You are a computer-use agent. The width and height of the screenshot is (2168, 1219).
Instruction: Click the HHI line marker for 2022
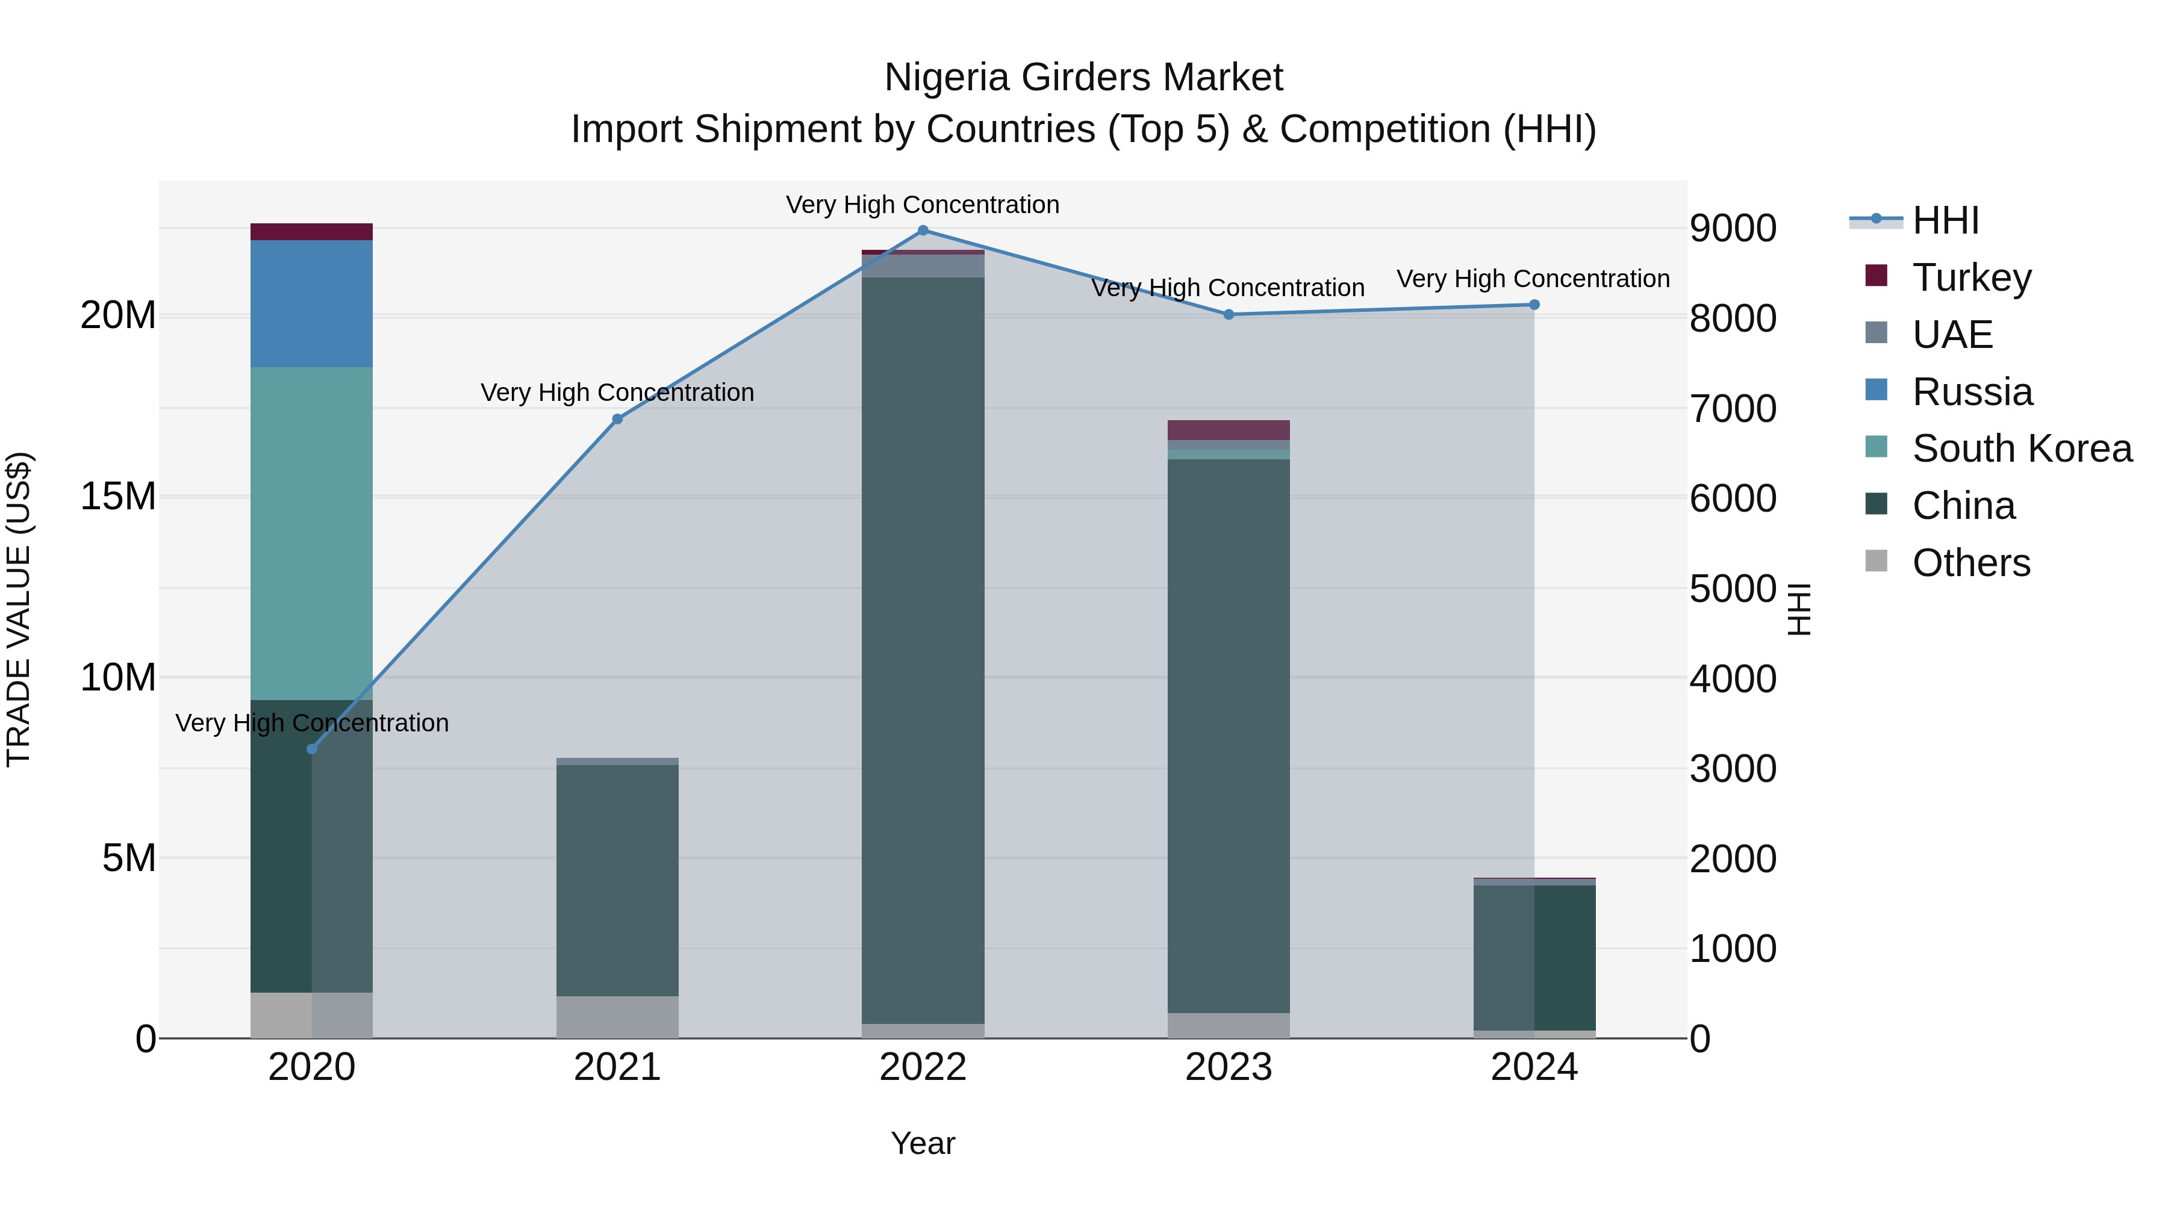click(923, 231)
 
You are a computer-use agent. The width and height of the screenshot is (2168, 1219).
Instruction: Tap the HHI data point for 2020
click(311, 749)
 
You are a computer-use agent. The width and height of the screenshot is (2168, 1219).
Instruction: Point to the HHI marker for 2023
click(1228, 315)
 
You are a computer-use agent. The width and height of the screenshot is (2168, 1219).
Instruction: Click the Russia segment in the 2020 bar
click(311, 304)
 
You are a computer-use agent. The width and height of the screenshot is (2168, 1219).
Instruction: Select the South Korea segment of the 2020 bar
click(311, 533)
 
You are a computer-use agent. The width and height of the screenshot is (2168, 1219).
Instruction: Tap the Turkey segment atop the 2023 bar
click(1228, 430)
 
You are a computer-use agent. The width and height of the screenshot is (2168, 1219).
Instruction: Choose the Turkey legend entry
click(1971, 278)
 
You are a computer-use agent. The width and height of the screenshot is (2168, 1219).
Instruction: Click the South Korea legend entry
click(2022, 448)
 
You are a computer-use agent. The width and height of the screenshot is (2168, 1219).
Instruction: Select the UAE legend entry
click(1952, 335)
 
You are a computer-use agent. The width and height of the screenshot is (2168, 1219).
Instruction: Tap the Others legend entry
click(1970, 563)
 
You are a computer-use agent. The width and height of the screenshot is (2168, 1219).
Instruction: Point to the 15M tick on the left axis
click(118, 497)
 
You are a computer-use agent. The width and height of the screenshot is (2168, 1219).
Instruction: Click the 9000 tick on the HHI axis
click(1733, 229)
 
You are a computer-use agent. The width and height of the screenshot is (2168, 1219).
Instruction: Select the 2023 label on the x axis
click(1228, 1067)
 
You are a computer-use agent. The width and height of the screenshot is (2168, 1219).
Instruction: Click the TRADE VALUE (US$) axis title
click(19, 609)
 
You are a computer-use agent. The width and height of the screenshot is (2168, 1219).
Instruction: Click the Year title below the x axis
click(923, 1143)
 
